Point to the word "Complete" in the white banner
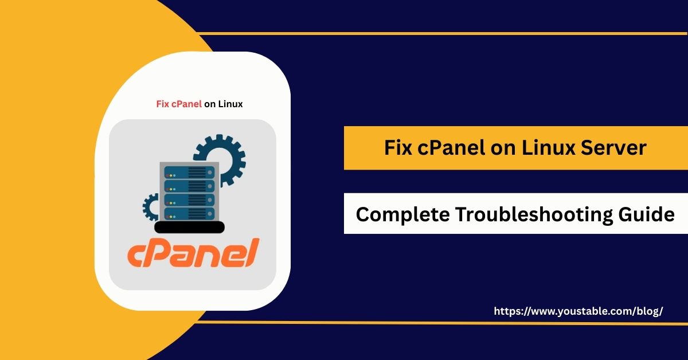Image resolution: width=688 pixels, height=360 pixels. tap(401, 214)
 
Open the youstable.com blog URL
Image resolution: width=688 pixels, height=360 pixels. tap(578, 311)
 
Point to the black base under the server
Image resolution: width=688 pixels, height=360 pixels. tap(190, 228)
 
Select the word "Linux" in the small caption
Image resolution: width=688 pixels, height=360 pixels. tap(230, 104)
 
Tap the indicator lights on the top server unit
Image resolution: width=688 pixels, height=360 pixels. tap(171, 172)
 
